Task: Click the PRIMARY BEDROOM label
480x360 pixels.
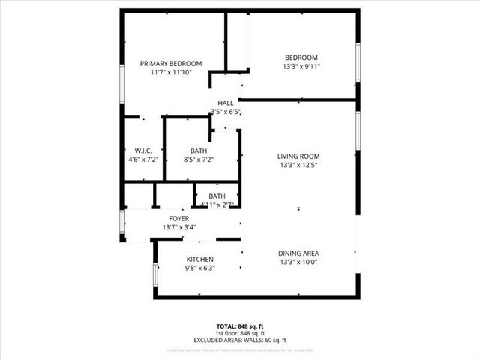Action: click(171, 63)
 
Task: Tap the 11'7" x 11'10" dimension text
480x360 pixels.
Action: click(171, 72)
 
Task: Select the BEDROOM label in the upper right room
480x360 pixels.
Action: click(301, 58)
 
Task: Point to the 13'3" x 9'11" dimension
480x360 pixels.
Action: click(301, 67)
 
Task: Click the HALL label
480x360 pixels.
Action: click(225, 103)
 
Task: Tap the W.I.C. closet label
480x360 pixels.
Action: click(144, 151)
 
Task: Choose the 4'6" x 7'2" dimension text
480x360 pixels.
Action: click(144, 160)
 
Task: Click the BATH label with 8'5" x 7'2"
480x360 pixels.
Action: click(199, 151)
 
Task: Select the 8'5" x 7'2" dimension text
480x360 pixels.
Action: click(199, 160)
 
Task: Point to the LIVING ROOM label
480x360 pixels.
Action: click(305, 156)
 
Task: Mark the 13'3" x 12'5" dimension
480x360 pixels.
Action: click(305, 165)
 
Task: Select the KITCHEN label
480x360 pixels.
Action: click(200, 259)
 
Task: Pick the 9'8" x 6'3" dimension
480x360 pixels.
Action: click(200, 268)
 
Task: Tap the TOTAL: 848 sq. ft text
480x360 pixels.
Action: click(240, 326)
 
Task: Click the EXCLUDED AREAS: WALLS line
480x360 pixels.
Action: click(240, 340)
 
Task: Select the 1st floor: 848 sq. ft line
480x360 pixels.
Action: click(240, 333)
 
